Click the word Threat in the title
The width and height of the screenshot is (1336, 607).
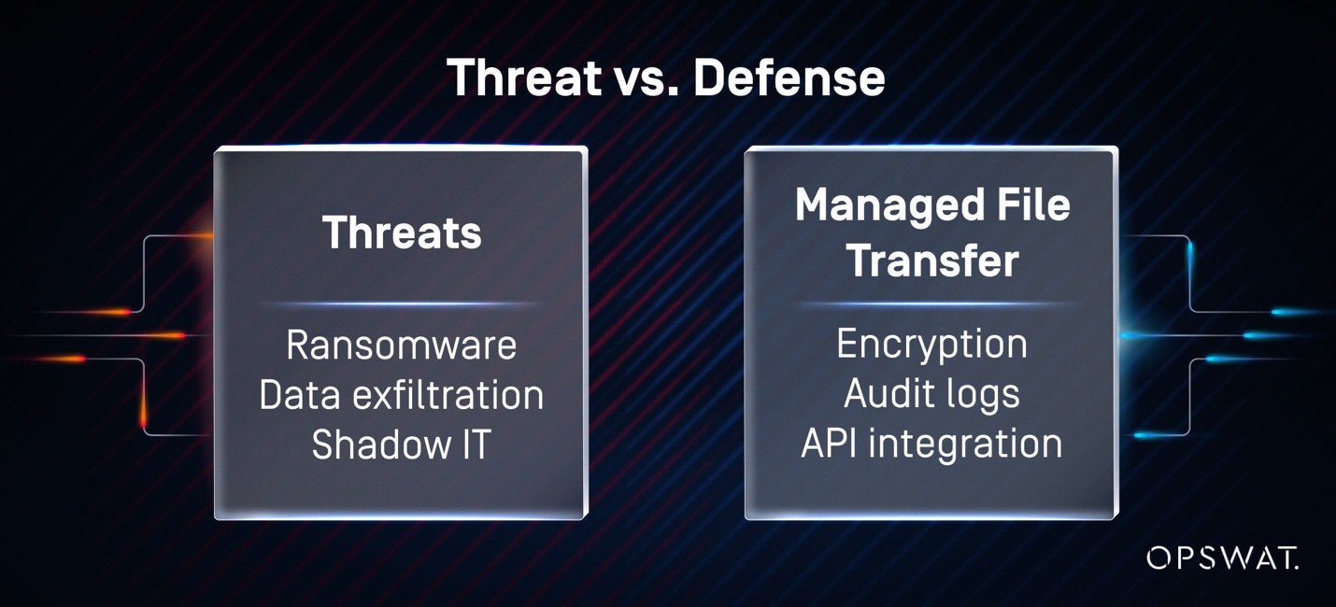coord(525,77)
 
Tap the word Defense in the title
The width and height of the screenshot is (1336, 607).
coord(789,77)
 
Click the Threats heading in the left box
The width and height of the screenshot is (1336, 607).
coord(402,232)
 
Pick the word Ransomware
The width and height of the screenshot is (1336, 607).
coord(402,345)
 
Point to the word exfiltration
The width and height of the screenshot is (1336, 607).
coord(448,395)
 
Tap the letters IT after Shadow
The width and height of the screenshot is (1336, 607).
coord(476,445)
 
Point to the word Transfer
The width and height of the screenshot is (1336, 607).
coord(932,261)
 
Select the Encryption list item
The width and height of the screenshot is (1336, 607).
coord(931,346)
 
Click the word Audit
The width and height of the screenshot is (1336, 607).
coord(881,393)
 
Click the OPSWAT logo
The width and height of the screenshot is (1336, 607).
coord(1222,558)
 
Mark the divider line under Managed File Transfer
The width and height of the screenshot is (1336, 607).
coord(931,304)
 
